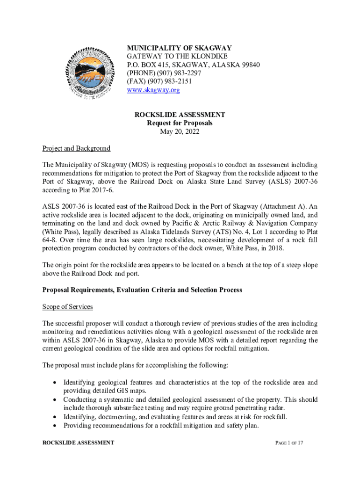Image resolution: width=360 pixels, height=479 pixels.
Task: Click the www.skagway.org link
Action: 153,90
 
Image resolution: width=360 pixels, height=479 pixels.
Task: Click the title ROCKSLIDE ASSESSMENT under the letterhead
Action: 180,115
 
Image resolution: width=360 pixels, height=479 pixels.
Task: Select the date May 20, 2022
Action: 180,131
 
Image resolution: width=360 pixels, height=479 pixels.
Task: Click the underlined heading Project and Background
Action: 76,148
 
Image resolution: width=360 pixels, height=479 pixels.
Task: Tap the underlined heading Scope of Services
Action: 67,306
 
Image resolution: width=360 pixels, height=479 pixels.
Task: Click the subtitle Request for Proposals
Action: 180,123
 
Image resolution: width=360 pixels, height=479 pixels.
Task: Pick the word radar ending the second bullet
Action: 264,408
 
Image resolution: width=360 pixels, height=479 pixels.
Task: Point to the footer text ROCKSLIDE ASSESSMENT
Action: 78,443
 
